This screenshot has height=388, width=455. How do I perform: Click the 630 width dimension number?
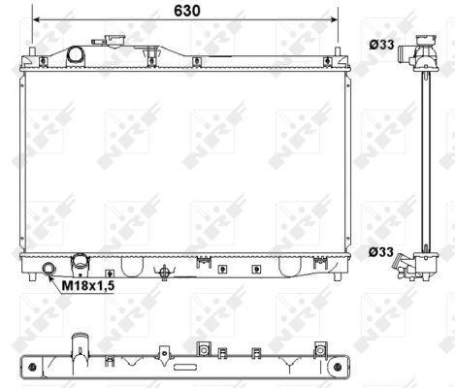[187, 11]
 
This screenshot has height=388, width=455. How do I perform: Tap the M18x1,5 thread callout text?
[88, 286]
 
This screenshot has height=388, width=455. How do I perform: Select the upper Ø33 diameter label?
[382, 45]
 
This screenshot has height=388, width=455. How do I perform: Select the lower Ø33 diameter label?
[381, 251]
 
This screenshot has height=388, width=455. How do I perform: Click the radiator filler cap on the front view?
[114, 42]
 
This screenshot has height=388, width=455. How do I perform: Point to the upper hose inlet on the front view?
[75, 55]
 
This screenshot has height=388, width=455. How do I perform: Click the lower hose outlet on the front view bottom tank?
[79, 264]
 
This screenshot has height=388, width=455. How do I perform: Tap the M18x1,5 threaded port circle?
[49, 269]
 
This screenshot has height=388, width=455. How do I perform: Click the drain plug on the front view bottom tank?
[165, 272]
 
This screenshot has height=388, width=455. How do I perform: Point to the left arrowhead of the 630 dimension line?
[36, 20]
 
